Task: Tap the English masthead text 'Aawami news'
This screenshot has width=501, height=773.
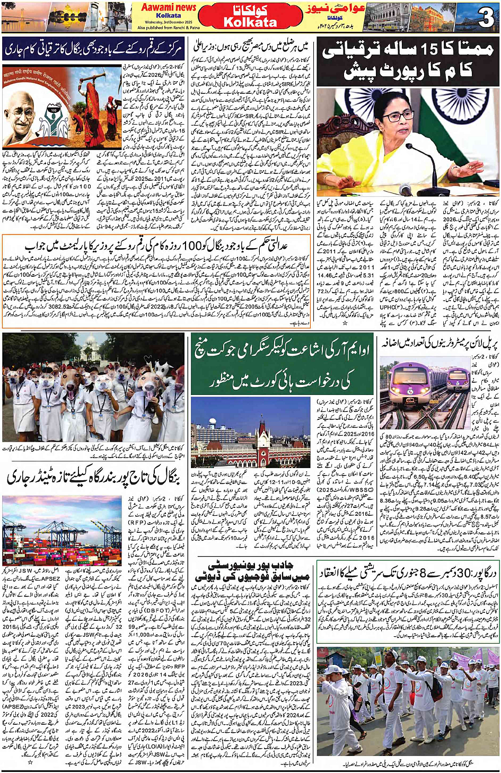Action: click(168, 7)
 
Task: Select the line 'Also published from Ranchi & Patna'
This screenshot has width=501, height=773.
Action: click(168, 28)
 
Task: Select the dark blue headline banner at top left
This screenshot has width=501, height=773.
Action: click(100, 49)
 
